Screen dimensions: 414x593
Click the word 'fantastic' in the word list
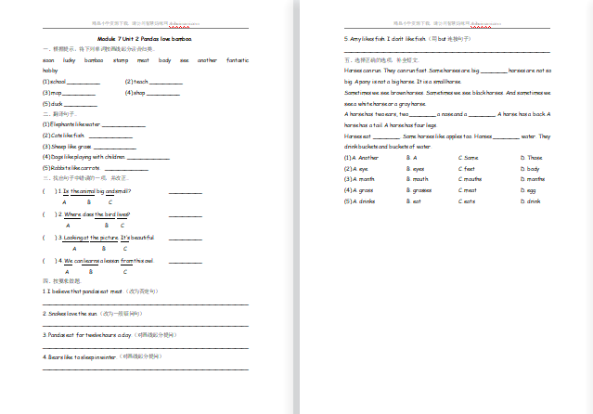(x=238, y=59)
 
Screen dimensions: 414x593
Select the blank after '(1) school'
(x=83, y=82)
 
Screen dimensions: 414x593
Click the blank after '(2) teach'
(x=167, y=82)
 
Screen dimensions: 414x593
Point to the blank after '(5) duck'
(x=79, y=104)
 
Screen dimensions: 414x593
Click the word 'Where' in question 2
(x=73, y=213)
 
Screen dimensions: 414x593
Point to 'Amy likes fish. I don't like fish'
(x=383, y=39)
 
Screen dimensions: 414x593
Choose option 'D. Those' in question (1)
(x=530, y=158)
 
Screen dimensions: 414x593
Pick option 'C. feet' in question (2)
(x=467, y=169)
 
